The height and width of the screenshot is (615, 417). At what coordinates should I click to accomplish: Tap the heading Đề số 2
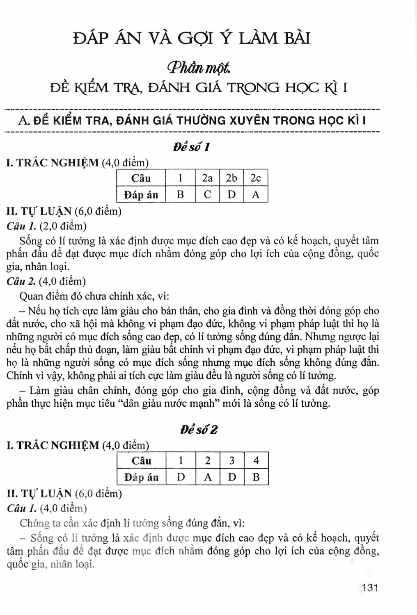point(199,430)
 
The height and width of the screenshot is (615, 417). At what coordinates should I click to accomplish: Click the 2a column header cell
point(207,178)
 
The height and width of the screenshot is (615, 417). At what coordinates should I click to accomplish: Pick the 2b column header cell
point(231,178)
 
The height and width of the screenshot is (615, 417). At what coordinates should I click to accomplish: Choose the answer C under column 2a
point(207,194)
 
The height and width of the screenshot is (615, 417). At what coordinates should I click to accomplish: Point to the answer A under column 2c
point(256,194)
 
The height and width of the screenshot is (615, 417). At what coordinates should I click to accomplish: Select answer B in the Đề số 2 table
point(256,477)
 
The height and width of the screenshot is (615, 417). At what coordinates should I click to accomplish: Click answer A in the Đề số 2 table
point(208,477)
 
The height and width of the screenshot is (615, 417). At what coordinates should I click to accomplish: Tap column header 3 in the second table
point(232,460)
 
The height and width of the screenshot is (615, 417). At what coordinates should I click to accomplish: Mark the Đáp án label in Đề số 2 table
point(142,477)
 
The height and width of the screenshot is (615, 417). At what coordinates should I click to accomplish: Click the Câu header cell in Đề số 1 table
point(141,178)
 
